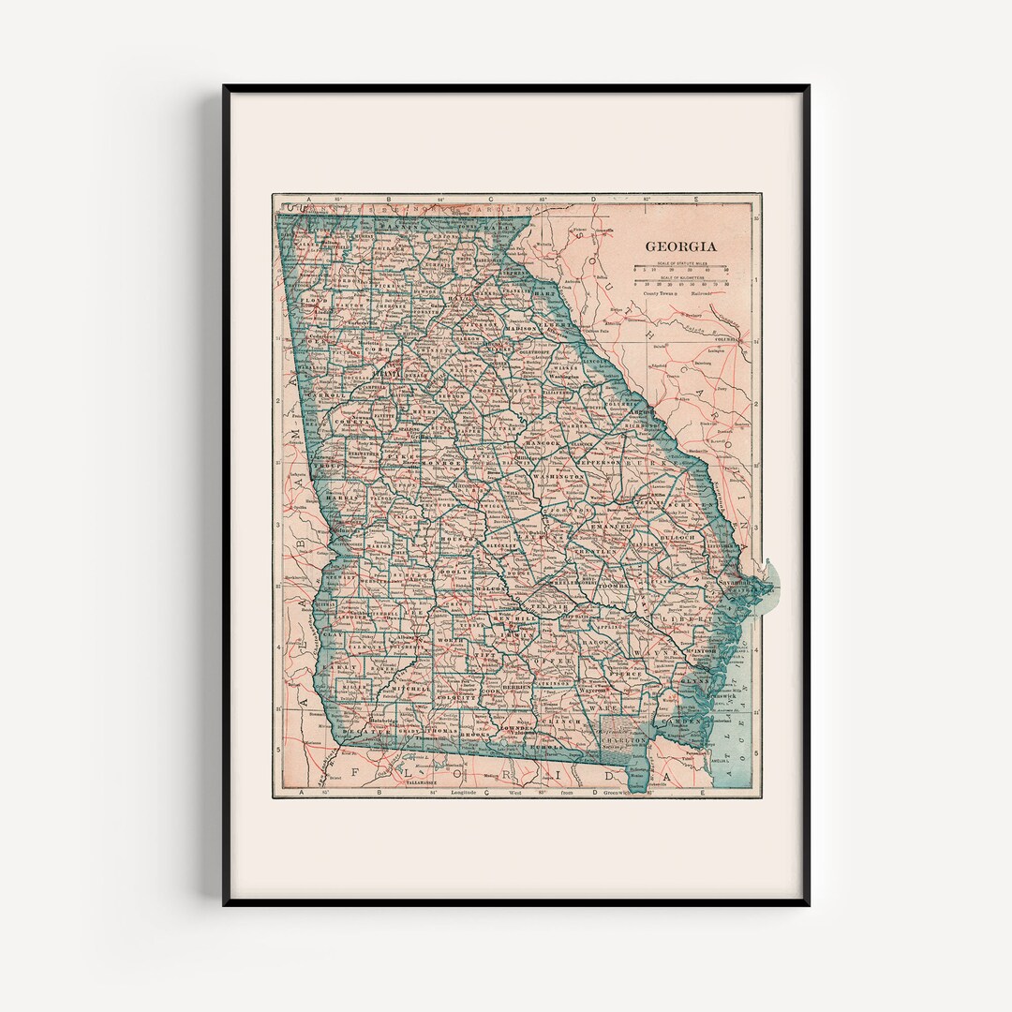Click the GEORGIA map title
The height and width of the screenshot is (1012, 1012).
(680, 246)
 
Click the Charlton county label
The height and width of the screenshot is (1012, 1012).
(625, 739)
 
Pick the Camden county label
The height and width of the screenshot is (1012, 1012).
(680, 722)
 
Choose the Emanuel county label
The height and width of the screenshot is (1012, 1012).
(613, 528)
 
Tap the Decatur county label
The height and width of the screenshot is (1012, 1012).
(360, 730)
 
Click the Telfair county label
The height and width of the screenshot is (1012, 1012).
(553, 607)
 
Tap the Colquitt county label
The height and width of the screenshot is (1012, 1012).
(452, 697)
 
